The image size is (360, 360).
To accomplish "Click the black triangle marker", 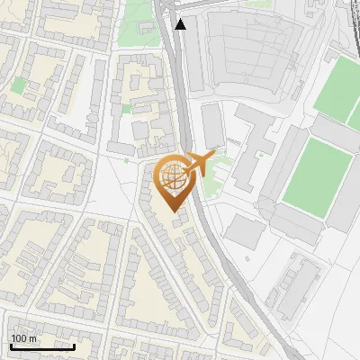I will pos(181,24).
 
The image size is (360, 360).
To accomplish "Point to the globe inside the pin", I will pos(171,175).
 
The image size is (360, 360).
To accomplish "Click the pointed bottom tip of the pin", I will pos(173,211).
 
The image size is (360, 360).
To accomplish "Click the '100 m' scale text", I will pos(23,338).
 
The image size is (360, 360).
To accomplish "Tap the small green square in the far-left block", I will pos(19,85).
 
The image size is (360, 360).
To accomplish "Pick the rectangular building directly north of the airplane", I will pos(212,126).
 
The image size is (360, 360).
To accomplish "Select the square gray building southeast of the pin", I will pos(245,232).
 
